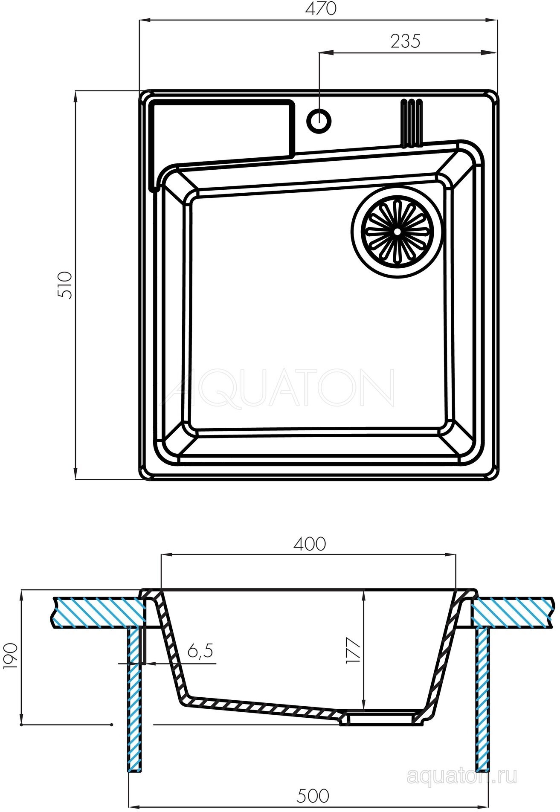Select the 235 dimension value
(x=405, y=41)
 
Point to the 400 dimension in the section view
(x=310, y=544)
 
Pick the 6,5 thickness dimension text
(x=200, y=651)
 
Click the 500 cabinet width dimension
(x=313, y=795)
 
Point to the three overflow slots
(x=411, y=123)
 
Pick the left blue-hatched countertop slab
(x=96, y=612)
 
